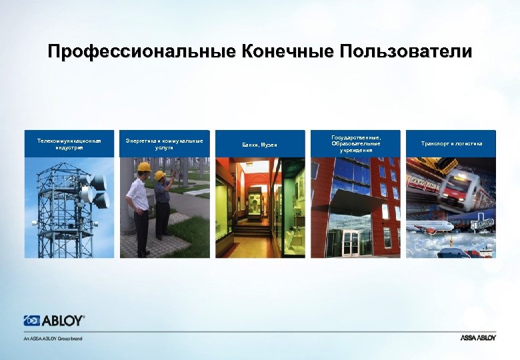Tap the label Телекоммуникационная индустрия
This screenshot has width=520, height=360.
[x=69, y=144]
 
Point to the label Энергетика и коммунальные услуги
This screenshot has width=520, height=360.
[x=164, y=144]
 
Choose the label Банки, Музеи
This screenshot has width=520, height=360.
[x=259, y=145]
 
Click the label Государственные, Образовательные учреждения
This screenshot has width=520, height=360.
[x=355, y=143]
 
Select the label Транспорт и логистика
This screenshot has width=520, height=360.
[x=451, y=144]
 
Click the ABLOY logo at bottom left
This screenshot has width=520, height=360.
[x=54, y=321]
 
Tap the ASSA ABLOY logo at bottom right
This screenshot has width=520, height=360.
[x=478, y=338]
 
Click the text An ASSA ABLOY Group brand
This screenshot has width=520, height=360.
[x=53, y=338]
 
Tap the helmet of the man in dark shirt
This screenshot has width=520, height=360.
[x=160, y=175]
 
